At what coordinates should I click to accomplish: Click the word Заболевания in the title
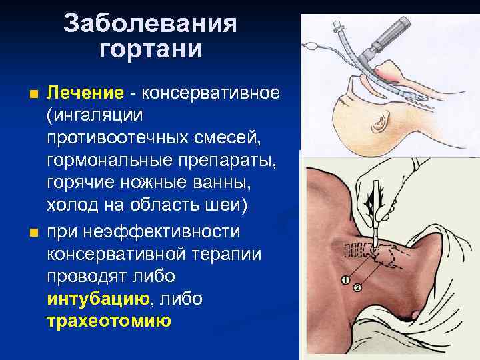point(151,25)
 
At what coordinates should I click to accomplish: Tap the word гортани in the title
point(151,49)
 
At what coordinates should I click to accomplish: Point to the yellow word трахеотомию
point(109,321)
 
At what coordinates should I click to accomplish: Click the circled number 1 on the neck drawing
point(344,278)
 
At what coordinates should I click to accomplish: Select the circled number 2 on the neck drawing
point(358,287)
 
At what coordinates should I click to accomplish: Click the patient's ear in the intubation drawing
point(382,122)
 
